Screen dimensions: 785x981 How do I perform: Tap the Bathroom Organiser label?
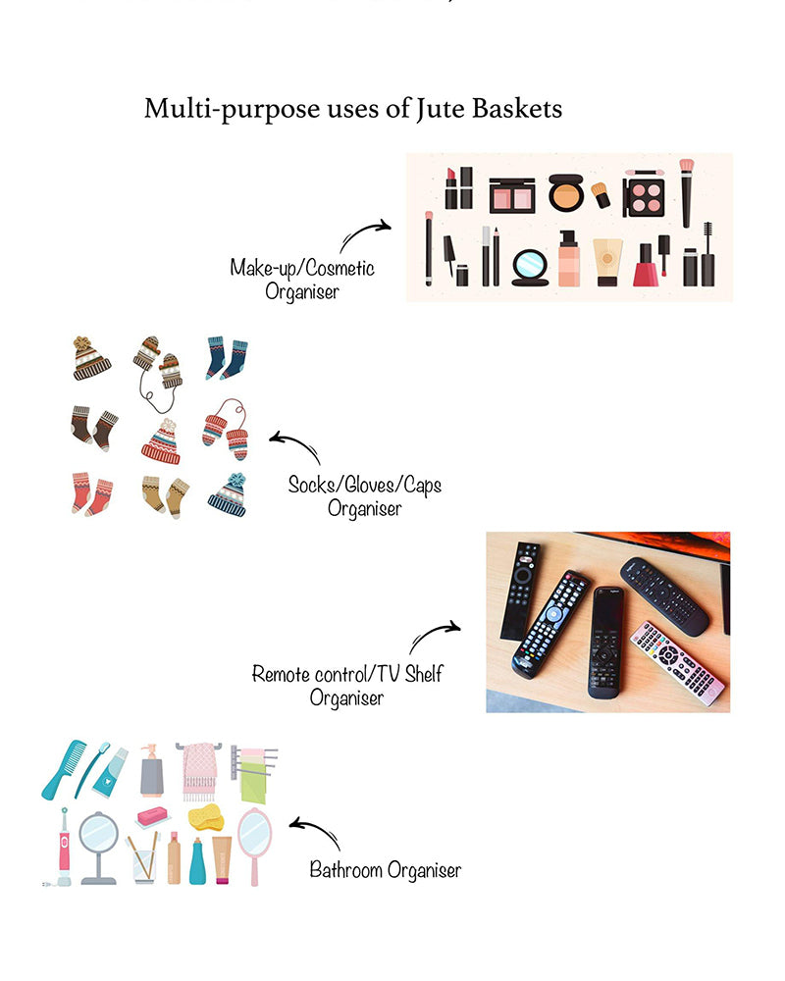[385, 870]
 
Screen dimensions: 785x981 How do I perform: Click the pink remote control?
[678, 664]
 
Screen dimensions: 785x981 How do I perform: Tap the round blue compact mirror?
[530, 268]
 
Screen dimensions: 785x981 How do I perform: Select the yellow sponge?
[206, 818]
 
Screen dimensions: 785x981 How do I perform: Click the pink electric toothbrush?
[63, 847]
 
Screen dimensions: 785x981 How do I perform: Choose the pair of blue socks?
[226, 358]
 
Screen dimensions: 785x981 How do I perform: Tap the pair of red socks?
[92, 494]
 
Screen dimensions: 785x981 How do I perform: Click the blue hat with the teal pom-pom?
[228, 494]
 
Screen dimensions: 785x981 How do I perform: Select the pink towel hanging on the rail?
[199, 771]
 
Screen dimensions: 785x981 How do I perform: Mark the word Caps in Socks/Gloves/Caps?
[423, 486]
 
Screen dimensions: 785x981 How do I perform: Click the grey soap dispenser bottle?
[151, 770]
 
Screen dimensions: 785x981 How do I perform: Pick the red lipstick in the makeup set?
[451, 188]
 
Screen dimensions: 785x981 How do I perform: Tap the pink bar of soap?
[153, 816]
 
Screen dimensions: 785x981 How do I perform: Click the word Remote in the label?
[281, 675]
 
